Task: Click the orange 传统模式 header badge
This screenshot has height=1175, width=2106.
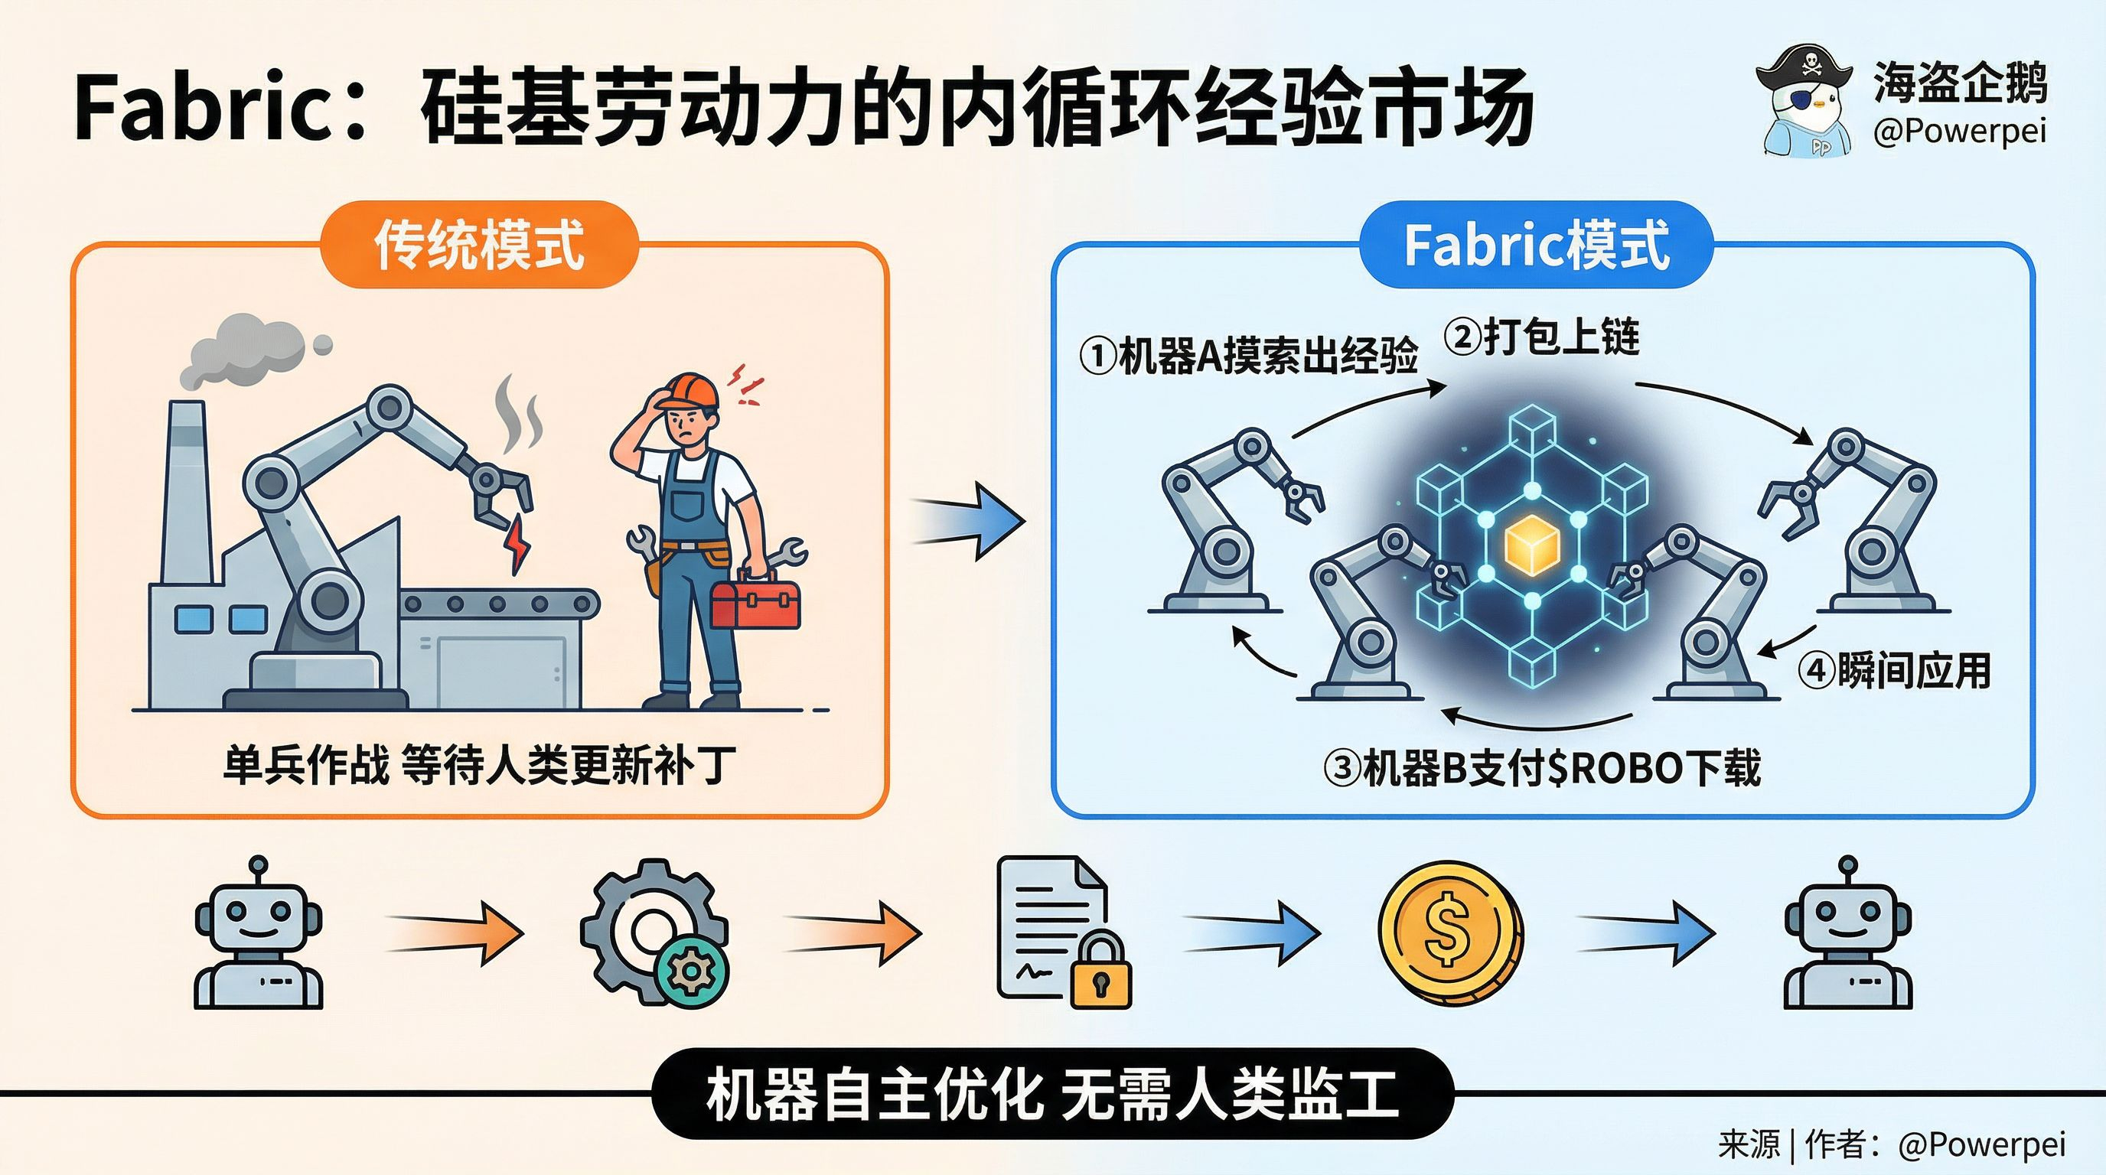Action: (478, 244)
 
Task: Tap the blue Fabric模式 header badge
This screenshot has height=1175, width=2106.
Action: (1535, 244)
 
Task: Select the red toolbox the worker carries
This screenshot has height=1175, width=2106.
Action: (755, 600)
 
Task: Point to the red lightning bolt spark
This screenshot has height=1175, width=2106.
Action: (518, 543)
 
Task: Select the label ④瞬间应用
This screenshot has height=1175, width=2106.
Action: (1893, 671)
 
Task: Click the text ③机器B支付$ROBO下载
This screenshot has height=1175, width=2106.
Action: (1542, 768)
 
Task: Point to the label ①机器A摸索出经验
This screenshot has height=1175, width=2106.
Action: (1248, 356)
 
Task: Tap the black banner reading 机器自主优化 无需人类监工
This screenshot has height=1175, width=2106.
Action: (1052, 1094)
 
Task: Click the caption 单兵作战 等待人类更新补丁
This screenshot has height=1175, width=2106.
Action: (479, 766)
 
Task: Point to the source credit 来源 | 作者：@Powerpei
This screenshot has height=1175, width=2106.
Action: (1891, 1144)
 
